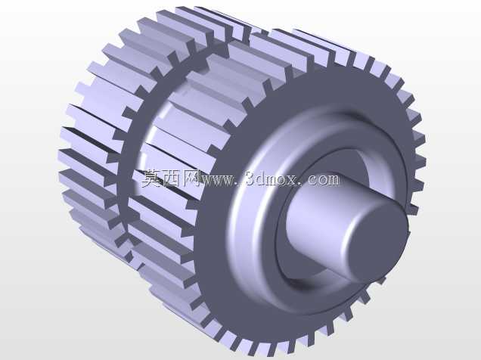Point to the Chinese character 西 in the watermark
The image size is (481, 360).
(171, 178)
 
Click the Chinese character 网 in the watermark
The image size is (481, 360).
(191, 178)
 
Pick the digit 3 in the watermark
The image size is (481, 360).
(251, 179)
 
